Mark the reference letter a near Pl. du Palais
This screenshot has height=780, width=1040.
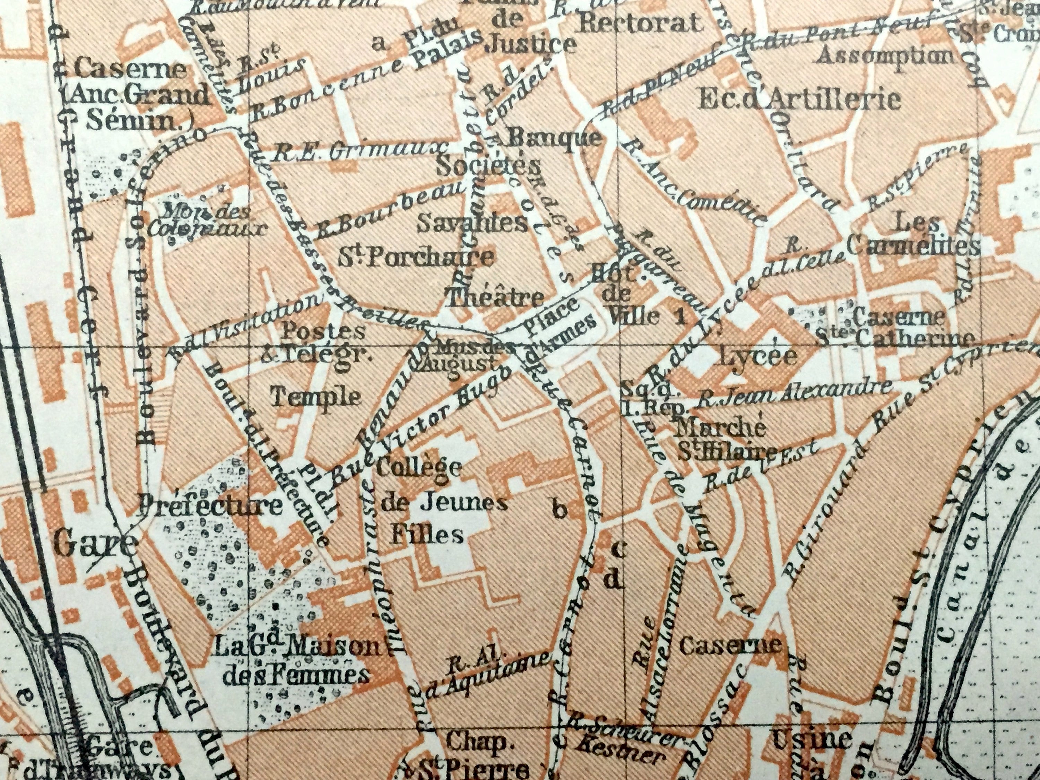point(379,44)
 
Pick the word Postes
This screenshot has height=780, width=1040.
point(323,331)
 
